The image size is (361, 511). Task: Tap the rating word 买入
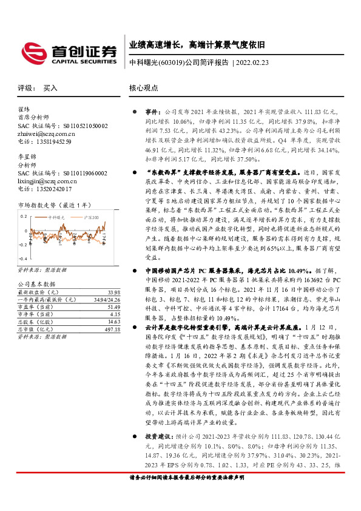pyautogui.click(x=50, y=87)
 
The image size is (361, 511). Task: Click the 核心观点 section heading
pyautogui.click(x=143, y=87)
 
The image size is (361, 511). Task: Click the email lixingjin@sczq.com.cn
pyautogui.click(x=47, y=181)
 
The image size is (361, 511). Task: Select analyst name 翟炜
pyautogui.click(x=24, y=109)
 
